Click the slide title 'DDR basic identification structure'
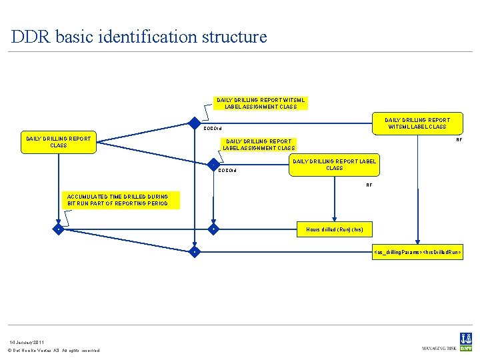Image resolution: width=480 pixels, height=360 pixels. point(139,36)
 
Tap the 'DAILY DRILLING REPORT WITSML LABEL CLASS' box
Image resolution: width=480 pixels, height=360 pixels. point(417,123)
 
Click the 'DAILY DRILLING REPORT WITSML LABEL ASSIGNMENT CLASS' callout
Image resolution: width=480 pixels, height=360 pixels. point(261,103)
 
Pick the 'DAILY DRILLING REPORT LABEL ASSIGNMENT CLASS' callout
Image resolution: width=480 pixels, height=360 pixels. point(259,145)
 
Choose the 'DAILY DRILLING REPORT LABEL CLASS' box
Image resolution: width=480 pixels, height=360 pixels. point(334,165)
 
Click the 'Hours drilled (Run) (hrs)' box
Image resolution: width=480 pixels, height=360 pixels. point(334,229)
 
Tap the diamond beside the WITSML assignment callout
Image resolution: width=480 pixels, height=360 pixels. point(194,123)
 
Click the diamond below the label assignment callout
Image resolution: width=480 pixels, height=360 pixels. point(213,165)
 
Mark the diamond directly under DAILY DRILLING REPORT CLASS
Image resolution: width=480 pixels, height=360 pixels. point(59,229)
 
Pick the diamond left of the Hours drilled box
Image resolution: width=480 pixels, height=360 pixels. point(213,229)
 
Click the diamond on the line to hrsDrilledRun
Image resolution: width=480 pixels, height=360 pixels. point(194,253)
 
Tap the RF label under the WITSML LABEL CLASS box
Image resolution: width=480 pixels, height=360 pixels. point(459,140)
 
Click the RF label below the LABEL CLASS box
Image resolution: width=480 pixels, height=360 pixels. point(369,185)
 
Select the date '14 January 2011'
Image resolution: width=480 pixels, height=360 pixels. point(27,342)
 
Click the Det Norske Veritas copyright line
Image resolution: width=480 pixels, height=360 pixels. point(53,351)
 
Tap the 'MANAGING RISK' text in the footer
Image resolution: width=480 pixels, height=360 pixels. point(438,348)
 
